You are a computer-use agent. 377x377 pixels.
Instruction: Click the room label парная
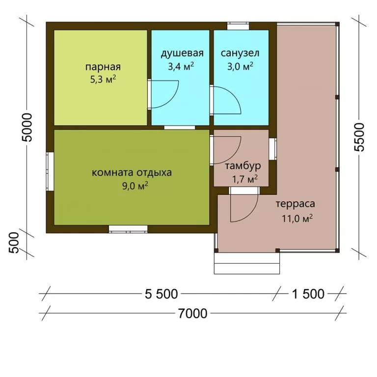103,67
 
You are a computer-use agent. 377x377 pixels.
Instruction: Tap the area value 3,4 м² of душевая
181,66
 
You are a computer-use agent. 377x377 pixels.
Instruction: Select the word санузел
240,53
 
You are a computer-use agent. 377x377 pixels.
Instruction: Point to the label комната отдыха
132,173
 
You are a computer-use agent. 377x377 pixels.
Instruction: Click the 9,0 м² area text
135,186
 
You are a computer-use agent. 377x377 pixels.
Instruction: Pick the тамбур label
243,166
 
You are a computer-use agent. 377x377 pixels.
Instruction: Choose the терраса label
295,204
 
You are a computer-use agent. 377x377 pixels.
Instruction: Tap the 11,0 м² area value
297,218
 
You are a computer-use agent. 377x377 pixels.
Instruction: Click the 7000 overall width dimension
192,314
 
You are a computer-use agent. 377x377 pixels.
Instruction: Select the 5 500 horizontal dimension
161,294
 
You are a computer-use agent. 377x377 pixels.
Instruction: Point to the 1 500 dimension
308,294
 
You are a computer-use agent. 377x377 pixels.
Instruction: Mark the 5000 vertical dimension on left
27,127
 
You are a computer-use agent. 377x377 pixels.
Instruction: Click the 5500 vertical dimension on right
359,137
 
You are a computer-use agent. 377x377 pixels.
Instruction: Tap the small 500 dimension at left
14,242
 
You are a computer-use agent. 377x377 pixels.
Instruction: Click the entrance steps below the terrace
247,263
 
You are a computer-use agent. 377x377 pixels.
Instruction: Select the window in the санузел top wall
238,26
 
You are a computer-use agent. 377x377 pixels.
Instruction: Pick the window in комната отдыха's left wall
50,171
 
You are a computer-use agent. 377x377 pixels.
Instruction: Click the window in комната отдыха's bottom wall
128,229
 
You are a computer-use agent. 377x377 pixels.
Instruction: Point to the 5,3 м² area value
103,80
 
